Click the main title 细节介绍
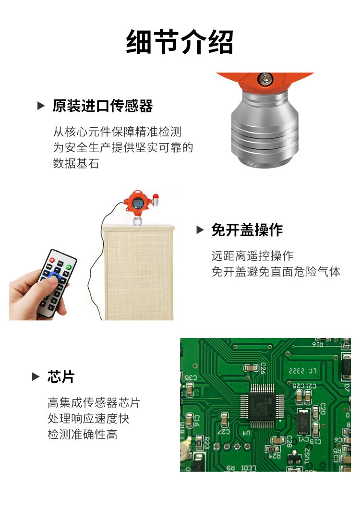pos(180,42)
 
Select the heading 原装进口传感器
pos(102,106)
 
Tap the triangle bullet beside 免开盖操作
pos(200,230)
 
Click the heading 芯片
pos(61,377)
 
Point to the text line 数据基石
pos(75,164)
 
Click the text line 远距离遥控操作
pos(252,255)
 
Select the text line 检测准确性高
pos(82,435)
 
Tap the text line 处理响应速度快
pos(88,418)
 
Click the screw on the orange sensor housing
pos(264,78)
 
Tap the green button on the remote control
pos(68,267)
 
